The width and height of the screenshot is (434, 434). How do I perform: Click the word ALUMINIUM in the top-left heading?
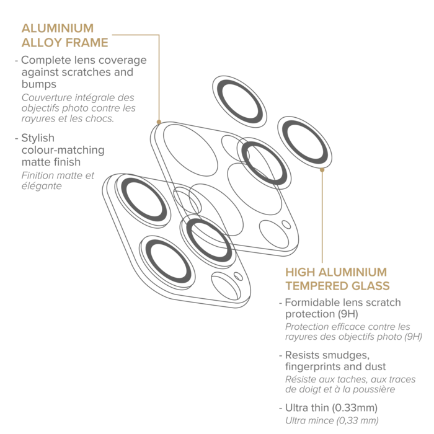point(58,29)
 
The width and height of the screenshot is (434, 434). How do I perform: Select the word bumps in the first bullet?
point(38,84)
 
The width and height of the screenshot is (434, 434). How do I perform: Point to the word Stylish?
point(38,138)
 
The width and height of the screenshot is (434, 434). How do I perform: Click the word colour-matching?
point(63,150)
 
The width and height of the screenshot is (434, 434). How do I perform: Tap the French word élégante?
point(42,186)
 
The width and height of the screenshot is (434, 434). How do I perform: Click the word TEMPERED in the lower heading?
point(312,286)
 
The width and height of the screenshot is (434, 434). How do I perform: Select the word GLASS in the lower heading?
point(366,286)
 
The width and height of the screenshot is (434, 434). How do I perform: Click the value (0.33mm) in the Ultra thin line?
point(355,408)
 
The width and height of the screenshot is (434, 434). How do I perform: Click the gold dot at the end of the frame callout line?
point(159,122)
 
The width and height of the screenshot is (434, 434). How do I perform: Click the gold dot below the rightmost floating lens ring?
point(322,170)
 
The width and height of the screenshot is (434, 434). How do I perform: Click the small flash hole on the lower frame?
point(238,277)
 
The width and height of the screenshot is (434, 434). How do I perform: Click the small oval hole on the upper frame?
point(286,224)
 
